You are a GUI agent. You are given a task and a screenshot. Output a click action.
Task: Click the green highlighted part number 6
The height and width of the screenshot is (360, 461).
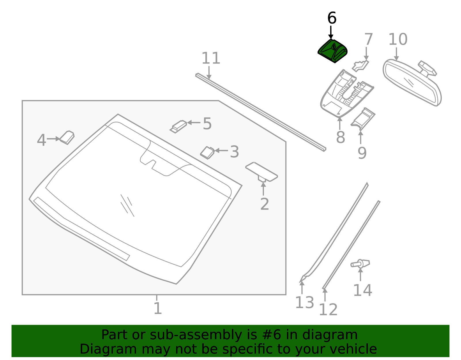click(332, 51)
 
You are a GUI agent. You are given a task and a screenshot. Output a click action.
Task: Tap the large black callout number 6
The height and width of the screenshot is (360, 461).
click(332, 18)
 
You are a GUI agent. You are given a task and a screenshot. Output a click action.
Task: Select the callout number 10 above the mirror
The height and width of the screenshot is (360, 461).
click(398, 39)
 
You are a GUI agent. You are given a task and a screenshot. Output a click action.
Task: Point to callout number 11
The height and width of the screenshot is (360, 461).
click(211, 58)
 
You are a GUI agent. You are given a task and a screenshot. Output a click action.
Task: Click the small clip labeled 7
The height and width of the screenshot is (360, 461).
click(360, 66)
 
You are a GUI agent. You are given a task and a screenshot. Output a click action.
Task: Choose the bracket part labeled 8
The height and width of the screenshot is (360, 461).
click(347, 93)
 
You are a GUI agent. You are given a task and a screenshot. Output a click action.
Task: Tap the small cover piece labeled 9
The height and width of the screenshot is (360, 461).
click(363, 119)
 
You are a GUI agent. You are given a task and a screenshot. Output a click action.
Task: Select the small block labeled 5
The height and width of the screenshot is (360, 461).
click(178, 127)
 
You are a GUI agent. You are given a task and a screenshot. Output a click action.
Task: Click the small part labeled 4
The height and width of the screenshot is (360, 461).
click(67, 137)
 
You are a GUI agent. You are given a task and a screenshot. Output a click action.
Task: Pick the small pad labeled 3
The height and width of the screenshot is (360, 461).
click(207, 153)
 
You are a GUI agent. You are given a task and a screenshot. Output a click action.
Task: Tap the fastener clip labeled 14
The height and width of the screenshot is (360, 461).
click(360, 263)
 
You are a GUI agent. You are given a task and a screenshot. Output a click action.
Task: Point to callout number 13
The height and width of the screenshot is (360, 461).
click(305, 303)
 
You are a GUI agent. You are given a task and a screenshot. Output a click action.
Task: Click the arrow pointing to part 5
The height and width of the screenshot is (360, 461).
click(194, 122)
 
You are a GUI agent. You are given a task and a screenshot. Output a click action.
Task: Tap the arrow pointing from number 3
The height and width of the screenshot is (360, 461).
click(221, 151)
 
